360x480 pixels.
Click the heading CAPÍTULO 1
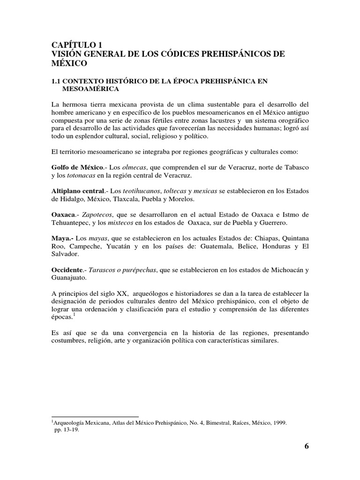(x=75, y=45)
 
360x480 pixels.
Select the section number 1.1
(x=57, y=81)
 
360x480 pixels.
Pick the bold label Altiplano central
(x=77, y=191)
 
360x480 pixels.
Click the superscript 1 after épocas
(x=74, y=315)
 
